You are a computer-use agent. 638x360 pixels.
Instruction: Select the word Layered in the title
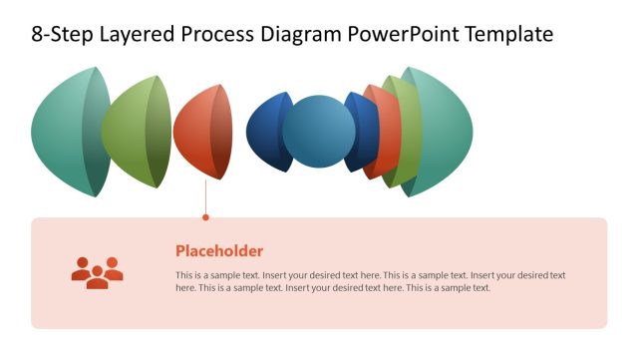click(136, 35)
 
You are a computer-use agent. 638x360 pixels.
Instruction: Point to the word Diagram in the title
click(304, 35)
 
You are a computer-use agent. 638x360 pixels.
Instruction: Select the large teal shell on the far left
click(65, 132)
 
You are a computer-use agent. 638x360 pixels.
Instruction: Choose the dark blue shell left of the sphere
click(266, 132)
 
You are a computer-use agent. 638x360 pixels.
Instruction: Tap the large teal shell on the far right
click(444, 132)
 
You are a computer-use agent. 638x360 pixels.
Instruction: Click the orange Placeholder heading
click(219, 251)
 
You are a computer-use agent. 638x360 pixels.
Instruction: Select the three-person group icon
click(97, 271)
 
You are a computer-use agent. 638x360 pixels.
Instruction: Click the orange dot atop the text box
click(205, 216)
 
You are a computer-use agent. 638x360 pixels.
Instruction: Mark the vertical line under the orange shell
click(205, 196)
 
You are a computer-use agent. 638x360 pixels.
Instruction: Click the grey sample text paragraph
click(370, 281)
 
